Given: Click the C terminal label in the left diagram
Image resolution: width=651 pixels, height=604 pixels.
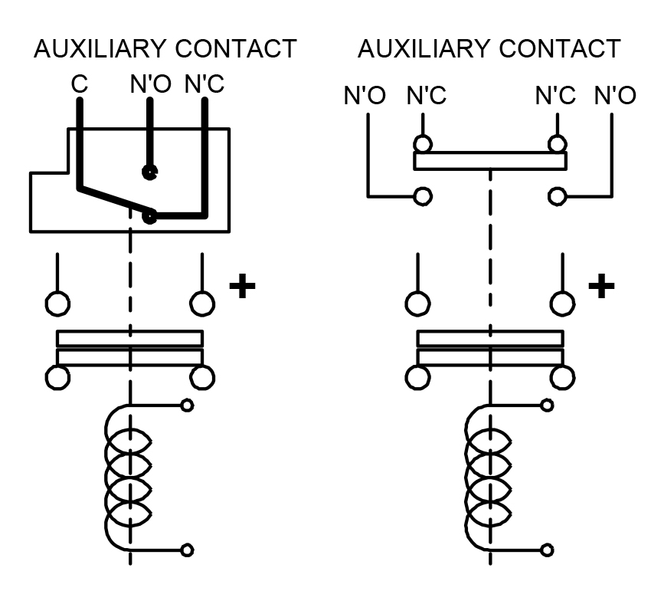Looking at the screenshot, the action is coord(80,84).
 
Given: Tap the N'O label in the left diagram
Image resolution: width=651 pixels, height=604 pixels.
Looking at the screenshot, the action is coord(151,84).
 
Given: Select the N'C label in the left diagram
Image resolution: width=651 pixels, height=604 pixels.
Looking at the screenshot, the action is coord(204,84).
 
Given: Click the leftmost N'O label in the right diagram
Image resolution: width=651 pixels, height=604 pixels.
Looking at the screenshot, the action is coord(365,96).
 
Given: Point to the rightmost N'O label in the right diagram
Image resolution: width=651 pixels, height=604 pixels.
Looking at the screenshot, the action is coord(615,96).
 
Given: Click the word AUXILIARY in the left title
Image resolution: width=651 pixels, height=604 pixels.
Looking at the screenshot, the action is coord(101,48).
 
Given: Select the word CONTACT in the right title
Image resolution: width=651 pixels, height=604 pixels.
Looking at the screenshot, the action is coord(560,48).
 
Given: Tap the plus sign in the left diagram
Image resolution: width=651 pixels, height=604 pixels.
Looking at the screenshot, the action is coord(242,286).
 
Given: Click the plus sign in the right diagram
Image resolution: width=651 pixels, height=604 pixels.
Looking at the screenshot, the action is coord(601,286).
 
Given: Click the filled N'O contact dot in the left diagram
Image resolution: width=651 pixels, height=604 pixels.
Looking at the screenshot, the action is coord(150,172).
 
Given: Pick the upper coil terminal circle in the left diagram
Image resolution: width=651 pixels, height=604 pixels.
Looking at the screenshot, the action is coord(187,405).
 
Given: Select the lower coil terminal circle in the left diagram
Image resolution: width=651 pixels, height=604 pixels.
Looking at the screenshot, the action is coord(187,550).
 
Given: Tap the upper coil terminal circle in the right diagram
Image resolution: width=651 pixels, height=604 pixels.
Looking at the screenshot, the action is coord(547,405).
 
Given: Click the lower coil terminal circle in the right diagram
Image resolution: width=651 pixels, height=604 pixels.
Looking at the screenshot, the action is coord(547,550).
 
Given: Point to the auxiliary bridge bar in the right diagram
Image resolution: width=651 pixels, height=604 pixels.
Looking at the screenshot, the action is coord(490,161).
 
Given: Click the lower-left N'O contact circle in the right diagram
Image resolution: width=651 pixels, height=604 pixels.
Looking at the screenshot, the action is coord(423,196).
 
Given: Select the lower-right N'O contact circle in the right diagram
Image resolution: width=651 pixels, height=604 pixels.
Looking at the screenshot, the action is coord(558,196).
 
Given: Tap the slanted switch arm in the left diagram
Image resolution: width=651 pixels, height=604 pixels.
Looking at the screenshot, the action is coord(115,202).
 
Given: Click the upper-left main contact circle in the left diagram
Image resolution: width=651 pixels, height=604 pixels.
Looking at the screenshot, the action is coord(57,304).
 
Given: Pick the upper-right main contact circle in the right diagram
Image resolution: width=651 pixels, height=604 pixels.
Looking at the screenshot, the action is coord(563,304).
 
